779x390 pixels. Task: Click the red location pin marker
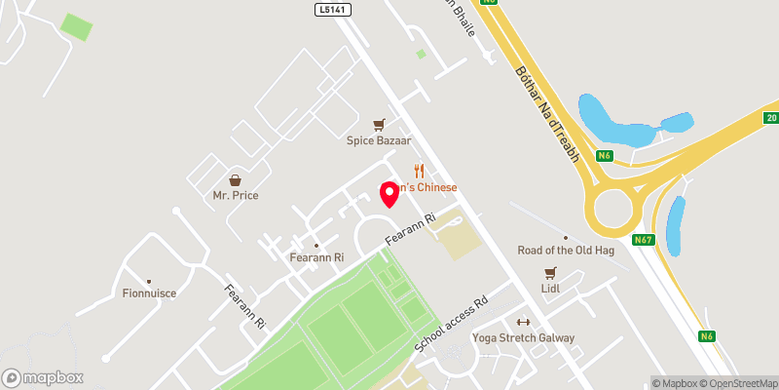(x=389, y=193)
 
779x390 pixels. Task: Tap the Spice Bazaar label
(x=380, y=139)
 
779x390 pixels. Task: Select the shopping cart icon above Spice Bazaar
(x=380, y=124)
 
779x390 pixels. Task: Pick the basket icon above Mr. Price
(x=235, y=180)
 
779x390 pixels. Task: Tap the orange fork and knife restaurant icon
(x=419, y=171)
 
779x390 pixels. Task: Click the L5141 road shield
(x=332, y=9)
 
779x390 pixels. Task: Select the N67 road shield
(x=643, y=240)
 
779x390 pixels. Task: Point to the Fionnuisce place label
(x=147, y=292)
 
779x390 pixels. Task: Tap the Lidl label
(x=552, y=289)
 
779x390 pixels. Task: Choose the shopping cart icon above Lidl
(x=551, y=273)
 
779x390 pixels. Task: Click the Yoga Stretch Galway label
(x=523, y=337)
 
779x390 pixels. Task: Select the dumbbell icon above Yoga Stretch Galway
(x=523, y=323)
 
